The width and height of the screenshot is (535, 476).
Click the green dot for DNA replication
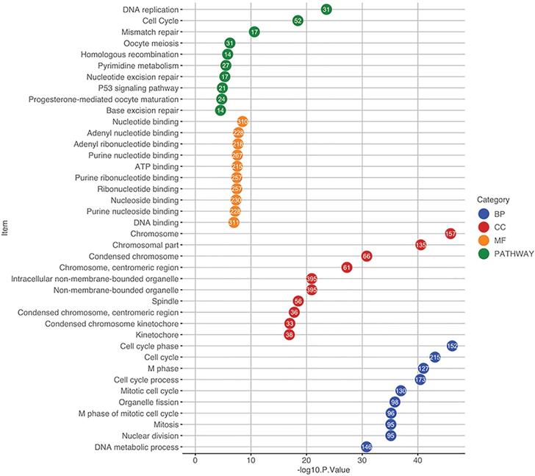326,9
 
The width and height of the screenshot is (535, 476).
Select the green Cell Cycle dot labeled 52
298,21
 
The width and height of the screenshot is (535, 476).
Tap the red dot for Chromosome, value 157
450,233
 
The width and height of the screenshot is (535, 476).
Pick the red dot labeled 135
421,244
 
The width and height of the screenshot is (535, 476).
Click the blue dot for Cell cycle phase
453,346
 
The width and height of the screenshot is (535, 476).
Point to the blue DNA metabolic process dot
367,447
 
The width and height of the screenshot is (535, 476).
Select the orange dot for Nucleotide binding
243,121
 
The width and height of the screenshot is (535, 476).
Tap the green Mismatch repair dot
254,32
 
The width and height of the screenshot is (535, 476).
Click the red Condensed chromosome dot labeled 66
367,255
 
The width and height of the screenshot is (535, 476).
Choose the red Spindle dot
298,301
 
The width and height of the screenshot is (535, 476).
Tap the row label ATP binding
156,166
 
